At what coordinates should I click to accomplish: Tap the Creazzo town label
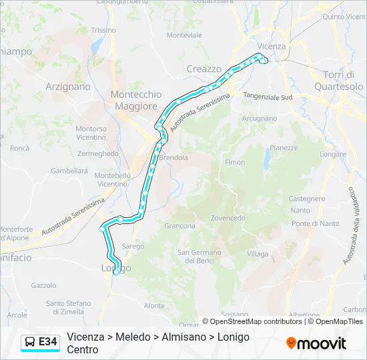(204, 69)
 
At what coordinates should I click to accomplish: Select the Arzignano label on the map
(67, 86)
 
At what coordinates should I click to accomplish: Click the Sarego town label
(133, 246)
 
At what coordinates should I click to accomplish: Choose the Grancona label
(179, 226)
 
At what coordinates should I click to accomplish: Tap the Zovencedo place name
(228, 218)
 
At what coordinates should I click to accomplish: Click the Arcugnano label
(259, 118)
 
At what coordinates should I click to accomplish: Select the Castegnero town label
(306, 199)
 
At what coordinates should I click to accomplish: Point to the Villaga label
(258, 254)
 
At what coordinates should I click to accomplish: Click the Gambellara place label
(69, 171)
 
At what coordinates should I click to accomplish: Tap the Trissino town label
(103, 30)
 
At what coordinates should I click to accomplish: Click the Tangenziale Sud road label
(268, 97)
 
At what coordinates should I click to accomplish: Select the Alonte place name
(154, 305)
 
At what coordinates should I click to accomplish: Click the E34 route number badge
(47, 342)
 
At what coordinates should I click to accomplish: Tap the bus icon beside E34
(30, 342)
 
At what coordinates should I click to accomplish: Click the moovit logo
(316, 343)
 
